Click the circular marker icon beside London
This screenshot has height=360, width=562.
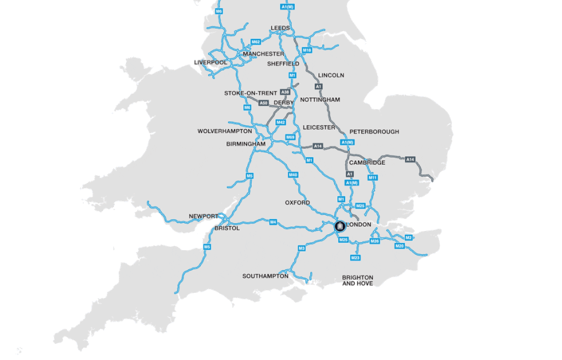(x=339, y=226)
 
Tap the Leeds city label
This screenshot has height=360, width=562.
(x=280, y=28)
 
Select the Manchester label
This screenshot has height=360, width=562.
(x=263, y=54)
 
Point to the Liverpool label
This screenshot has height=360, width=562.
(x=211, y=62)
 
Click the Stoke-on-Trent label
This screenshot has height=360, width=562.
(x=251, y=93)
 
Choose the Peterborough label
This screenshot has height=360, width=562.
(x=374, y=132)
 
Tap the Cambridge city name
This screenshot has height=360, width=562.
(x=367, y=163)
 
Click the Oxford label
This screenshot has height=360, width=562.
(x=297, y=203)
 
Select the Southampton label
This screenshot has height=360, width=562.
(x=265, y=277)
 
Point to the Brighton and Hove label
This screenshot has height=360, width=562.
(x=357, y=280)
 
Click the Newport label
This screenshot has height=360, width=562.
(x=204, y=216)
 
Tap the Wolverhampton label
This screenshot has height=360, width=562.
(x=225, y=131)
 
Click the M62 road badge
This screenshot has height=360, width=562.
(x=256, y=42)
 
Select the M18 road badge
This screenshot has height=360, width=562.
(x=307, y=50)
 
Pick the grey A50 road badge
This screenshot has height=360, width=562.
(x=263, y=103)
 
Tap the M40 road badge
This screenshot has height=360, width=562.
(x=293, y=175)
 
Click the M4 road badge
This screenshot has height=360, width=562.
(x=273, y=222)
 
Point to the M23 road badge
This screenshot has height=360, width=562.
(x=355, y=258)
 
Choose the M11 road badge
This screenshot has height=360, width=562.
(x=372, y=178)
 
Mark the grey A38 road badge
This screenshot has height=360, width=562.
(x=285, y=92)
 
